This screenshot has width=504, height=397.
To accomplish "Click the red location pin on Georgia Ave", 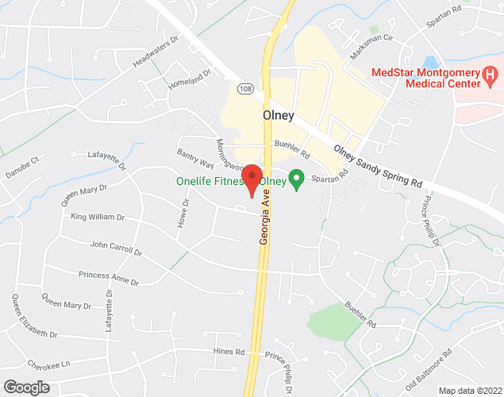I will pyautogui.click(x=252, y=179).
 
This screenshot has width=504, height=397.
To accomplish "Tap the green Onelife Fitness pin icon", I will pyautogui.click(x=297, y=180).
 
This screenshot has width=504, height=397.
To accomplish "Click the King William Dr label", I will pyautogui.click(x=98, y=217).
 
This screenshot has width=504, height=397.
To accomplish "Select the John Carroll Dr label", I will pyautogui.click(x=115, y=249).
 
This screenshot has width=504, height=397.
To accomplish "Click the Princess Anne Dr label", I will pyautogui.click(x=109, y=278).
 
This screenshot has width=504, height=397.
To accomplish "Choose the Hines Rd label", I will pyautogui.click(x=229, y=350).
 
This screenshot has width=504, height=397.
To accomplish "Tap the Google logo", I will pyautogui.click(x=25, y=387).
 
